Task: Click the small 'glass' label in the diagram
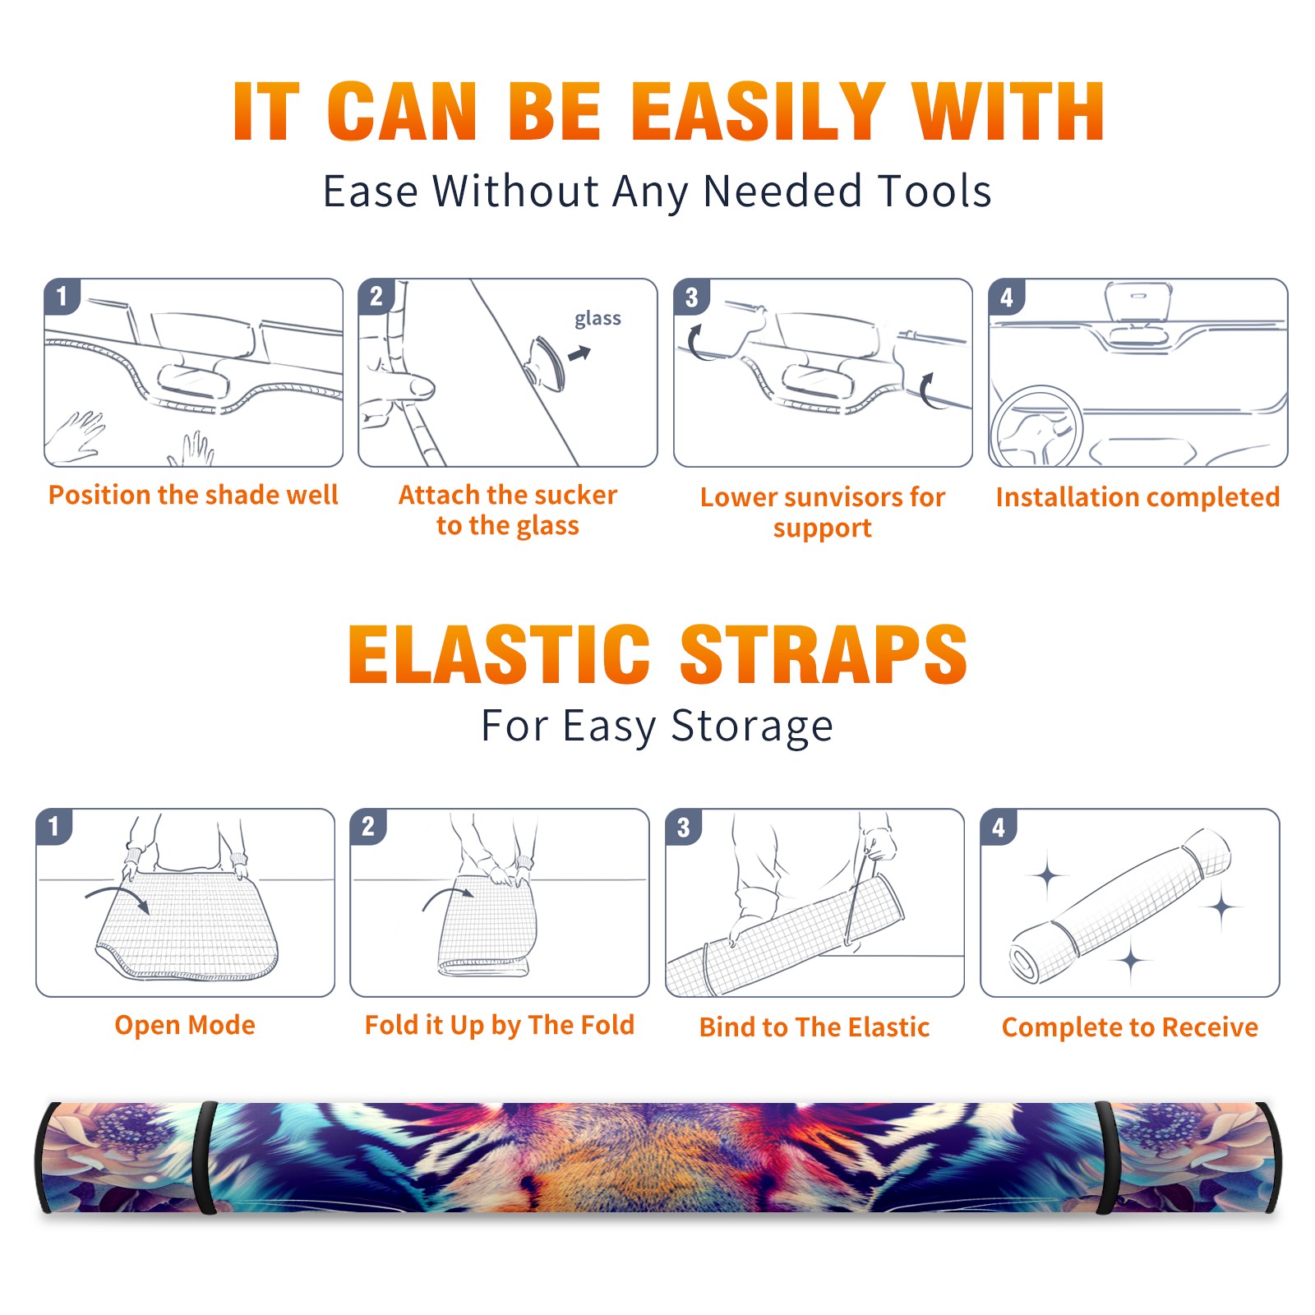(598, 318)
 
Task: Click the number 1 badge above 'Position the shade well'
(62, 296)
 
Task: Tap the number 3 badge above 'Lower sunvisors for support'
(692, 297)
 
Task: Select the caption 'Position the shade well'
(193, 495)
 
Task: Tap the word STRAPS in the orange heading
(824, 654)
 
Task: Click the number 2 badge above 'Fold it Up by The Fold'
(368, 826)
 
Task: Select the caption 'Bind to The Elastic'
(814, 1027)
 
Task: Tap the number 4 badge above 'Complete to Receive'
(999, 827)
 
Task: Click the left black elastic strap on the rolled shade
(205, 1158)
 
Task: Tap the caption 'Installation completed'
(1137, 497)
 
